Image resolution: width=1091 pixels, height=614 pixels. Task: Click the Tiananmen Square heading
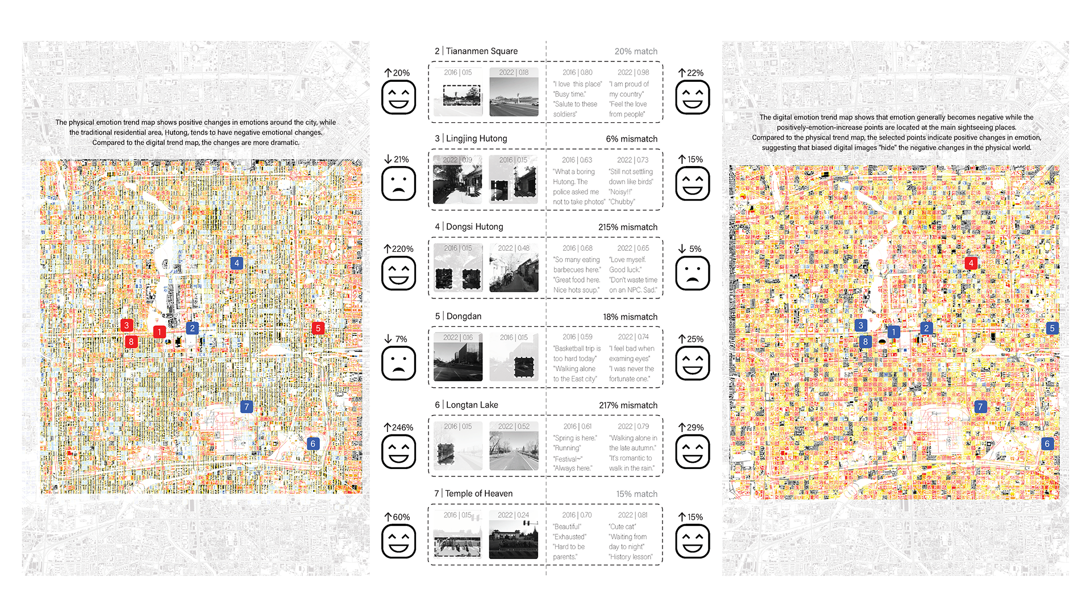tap(481, 51)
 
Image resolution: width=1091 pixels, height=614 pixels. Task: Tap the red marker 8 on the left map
tap(131, 342)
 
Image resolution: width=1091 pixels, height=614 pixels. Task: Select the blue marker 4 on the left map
tap(237, 263)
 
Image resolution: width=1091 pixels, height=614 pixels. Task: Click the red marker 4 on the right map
tap(971, 263)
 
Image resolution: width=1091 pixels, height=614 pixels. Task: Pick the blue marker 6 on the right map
tap(1047, 443)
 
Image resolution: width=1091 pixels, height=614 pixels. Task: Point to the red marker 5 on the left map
tap(318, 328)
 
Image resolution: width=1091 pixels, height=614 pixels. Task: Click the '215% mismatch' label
tap(627, 227)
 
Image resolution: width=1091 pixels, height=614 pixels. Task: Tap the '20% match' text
tap(635, 51)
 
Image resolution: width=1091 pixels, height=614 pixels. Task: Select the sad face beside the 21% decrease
tap(398, 184)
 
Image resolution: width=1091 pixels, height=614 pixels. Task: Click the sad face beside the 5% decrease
tap(692, 273)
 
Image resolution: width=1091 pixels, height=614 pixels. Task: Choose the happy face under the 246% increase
tap(398, 452)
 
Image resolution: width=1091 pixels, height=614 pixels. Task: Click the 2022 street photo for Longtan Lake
tap(514, 451)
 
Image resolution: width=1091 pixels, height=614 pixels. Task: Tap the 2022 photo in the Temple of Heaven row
tap(514, 540)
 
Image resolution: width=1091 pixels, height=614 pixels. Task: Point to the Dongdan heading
tap(464, 316)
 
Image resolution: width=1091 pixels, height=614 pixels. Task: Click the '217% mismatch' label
tap(628, 405)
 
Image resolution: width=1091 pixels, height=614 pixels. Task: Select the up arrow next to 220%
tap(388, 248)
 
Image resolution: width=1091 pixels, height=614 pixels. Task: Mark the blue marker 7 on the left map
tap(246, 406)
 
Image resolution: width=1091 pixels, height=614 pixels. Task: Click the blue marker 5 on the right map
tap(1052, 328)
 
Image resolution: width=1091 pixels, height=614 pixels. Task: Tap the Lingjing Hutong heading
tap(476, 139)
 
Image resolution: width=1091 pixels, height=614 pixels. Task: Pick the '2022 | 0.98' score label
tap(633, 73)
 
